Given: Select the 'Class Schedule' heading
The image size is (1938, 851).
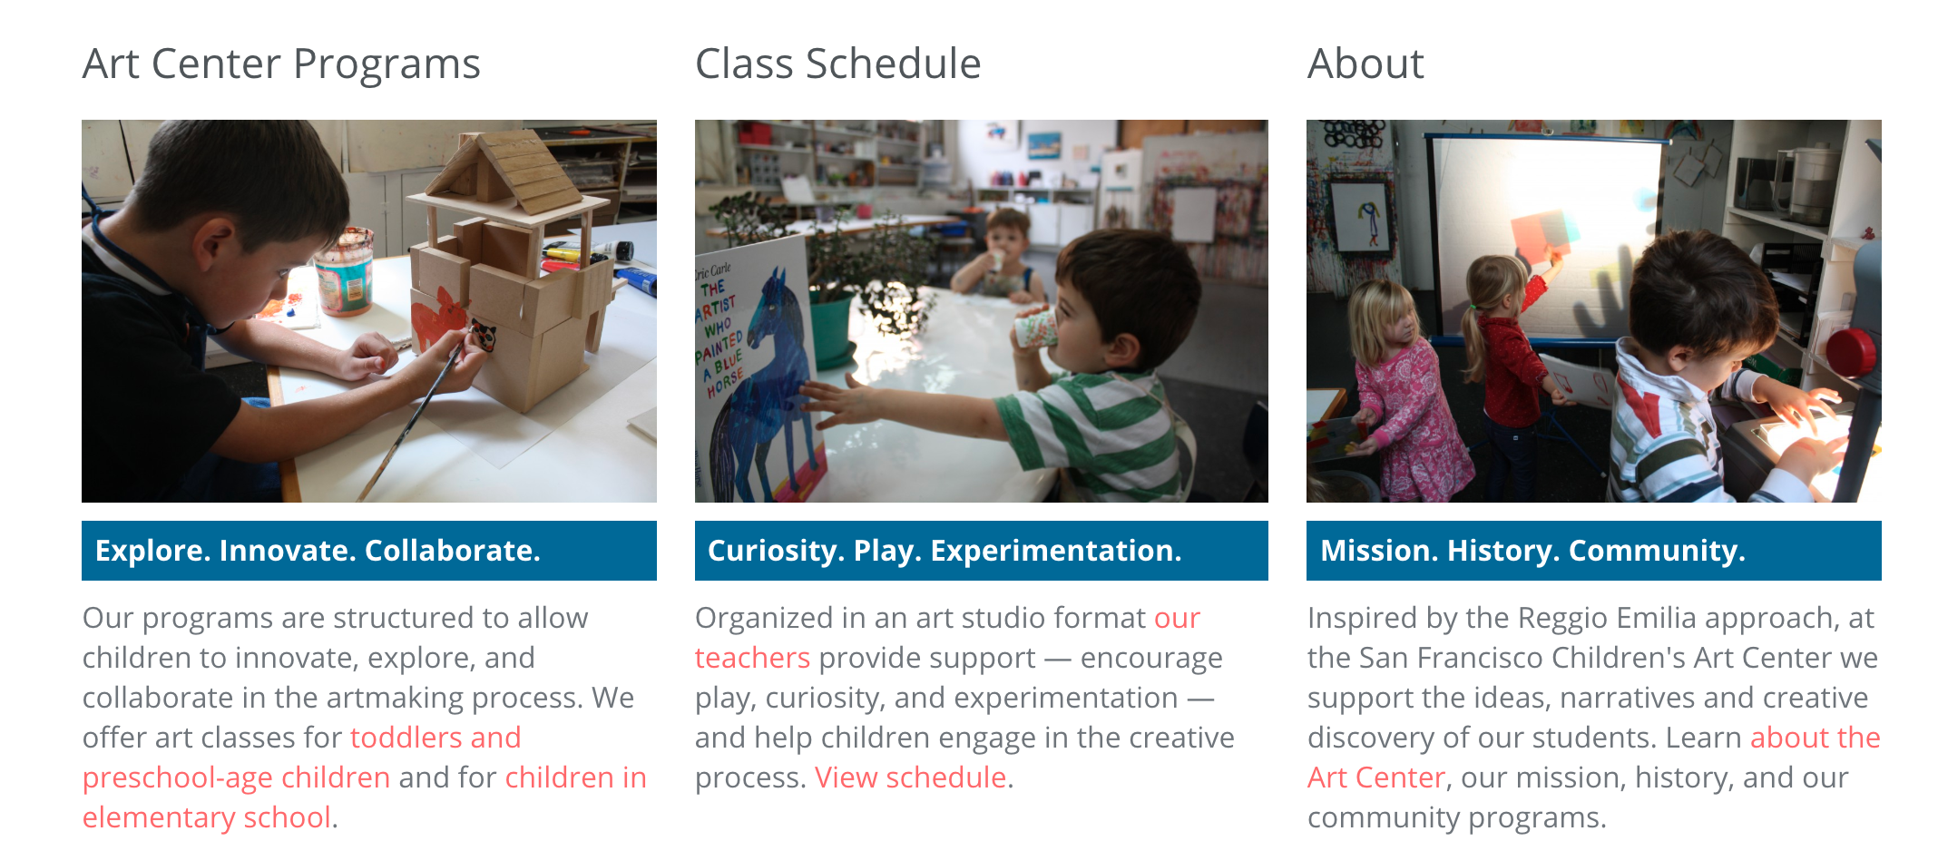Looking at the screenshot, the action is point(837,64).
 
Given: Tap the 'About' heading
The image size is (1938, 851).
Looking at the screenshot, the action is point(1365,64).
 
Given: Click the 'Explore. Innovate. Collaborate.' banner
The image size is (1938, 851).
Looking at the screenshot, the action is point(369,551).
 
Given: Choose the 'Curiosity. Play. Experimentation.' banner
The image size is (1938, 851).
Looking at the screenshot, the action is point(982,551).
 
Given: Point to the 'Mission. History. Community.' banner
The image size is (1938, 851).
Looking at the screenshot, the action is point(1594,551).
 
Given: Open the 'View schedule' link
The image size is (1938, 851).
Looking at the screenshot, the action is point(910,778).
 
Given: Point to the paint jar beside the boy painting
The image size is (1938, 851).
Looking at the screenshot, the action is point(344,270).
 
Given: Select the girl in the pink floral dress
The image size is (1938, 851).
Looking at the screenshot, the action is point(1402,390).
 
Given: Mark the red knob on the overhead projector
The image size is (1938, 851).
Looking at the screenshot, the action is point(1852,352).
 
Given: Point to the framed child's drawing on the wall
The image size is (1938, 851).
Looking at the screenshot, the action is point(1361,217).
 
